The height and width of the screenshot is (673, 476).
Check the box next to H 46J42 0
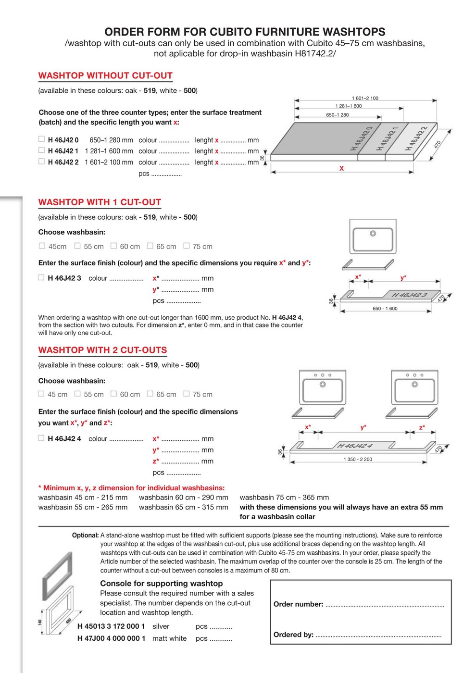pyautogui.click(x=41, y=139)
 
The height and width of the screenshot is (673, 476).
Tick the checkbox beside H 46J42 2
pyautogui.click(x=41, y=162)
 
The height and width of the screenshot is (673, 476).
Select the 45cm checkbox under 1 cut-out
pyautogui.click(x=42, y=246)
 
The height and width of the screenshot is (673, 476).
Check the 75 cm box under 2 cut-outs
pyautogui.click(x=187, y=394)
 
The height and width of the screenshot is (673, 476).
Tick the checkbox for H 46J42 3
pyautogui.click(x=41, y=277)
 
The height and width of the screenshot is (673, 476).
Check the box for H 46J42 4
pyautogui.click(x=41, y=438)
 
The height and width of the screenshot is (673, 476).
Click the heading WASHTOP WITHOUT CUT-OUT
pyautogui.click(x=105, y=75)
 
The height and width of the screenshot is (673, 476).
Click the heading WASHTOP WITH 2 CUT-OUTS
pyautogui.click(x=102, y=350)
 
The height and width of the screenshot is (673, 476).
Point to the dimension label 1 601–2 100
pyautogui.click(x=365, y=98)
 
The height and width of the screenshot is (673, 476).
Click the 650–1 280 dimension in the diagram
pyautogui.click(x=337, y=115)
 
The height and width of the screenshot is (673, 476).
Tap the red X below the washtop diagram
pyautogui.click(x=341, y=168)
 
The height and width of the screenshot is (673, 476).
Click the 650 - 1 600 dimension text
pyautogui.click(x=385, y=309)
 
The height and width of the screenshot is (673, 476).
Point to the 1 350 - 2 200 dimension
pyautogui.click(x=358, y=459)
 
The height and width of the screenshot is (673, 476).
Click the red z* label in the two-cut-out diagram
pyautogui.click(x=422, y=427)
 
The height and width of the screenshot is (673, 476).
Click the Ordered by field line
pyautogui.click(x=378, y=636)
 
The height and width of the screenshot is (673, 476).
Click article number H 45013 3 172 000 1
pyautogui.click(x=111, y=626)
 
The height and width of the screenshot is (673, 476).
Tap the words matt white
pyautogui.click(x=169, y=638)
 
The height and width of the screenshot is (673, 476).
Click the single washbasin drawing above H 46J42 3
pyautogui.click(x=373, y=237)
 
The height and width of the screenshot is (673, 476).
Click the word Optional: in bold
pyautogui.click(x=85, y=535)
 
